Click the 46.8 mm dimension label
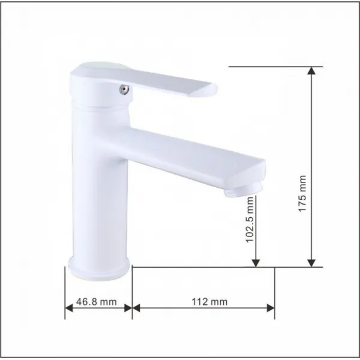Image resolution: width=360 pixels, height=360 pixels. click(97, 302)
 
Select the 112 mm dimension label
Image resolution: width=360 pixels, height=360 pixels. click(209, 302)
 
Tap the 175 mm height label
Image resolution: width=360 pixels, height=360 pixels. click(302, 194)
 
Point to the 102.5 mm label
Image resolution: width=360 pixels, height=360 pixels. click(250, 220)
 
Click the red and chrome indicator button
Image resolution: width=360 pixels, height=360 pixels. click(124, 89)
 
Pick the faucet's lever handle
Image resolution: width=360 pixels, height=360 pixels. click(143, 80)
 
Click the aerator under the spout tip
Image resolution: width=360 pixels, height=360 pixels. click(243, 191)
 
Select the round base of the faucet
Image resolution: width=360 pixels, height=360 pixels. click(99, 268)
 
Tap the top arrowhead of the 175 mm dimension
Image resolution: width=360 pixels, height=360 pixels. click(311, 71)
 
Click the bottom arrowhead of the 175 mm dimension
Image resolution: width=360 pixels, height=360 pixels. click(311, 263)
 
